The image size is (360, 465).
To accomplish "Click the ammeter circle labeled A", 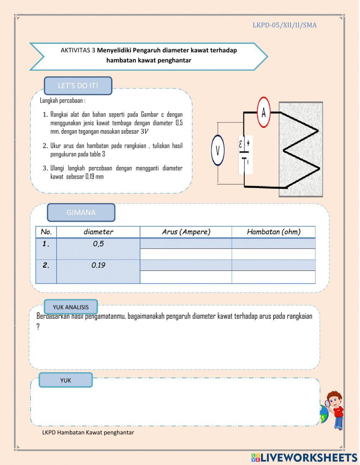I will coord(264,112).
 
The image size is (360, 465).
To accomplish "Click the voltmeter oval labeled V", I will coord(218,150).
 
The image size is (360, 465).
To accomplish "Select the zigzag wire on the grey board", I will coord(301,149).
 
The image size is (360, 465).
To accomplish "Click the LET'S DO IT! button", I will coord(78,86).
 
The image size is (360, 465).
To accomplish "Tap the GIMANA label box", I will coord(81,213).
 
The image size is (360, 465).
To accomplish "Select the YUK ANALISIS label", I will coord(71,307).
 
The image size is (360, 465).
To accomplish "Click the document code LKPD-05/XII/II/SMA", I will coord(284,25).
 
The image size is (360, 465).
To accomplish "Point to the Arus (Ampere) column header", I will coord(186,232).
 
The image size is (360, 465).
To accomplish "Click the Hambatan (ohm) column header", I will coord(274,232).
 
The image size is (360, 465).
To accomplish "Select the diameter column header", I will coord(98,232).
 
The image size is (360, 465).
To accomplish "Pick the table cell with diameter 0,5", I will coord(98,244).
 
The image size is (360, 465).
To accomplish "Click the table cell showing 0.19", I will coord(98,265).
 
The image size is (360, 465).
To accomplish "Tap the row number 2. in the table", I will coord(46,265).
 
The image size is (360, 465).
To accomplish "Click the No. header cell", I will coord(46,232).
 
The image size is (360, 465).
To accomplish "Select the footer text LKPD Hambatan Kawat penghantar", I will coord(88,433).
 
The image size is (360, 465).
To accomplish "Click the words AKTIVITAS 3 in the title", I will coord(78,50).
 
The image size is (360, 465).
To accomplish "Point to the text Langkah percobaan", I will coord(62,100).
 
